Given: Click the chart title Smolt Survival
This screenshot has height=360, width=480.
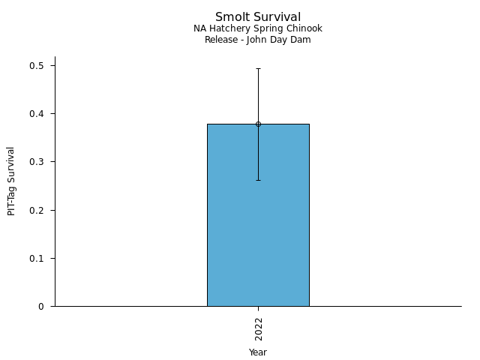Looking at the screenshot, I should pos(258,17).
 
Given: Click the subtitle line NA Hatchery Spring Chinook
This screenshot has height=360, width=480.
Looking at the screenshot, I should pos(258,28).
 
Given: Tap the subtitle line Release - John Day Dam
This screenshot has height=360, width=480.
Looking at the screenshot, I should pos(258,40).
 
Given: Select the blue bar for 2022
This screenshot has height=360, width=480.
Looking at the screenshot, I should pos(258,225).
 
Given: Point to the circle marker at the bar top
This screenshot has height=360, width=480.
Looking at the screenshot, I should pos(258,124).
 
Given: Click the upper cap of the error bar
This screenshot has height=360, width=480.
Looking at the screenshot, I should pos(258,68).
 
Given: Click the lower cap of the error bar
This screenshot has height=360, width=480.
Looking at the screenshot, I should pos(258,180).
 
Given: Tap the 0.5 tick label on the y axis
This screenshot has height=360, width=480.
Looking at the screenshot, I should pos(37,66).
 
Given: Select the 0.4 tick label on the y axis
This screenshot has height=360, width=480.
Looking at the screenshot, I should pos(37,114).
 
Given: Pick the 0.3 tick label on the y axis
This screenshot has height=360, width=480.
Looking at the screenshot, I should pos(37,162).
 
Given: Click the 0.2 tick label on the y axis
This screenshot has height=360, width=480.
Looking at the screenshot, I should pos(37,210).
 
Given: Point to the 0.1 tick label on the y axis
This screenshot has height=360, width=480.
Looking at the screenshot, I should pos(37,258).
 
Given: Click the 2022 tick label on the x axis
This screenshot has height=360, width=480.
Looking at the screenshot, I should pos(258,328).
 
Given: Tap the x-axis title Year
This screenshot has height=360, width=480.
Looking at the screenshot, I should pos(258,352).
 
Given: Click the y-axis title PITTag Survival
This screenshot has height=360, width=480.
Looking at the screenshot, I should pos(12,181).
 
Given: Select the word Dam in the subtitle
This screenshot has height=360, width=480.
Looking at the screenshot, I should pos(301,40).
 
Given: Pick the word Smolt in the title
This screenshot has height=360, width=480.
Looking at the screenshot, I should pos(231,17).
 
